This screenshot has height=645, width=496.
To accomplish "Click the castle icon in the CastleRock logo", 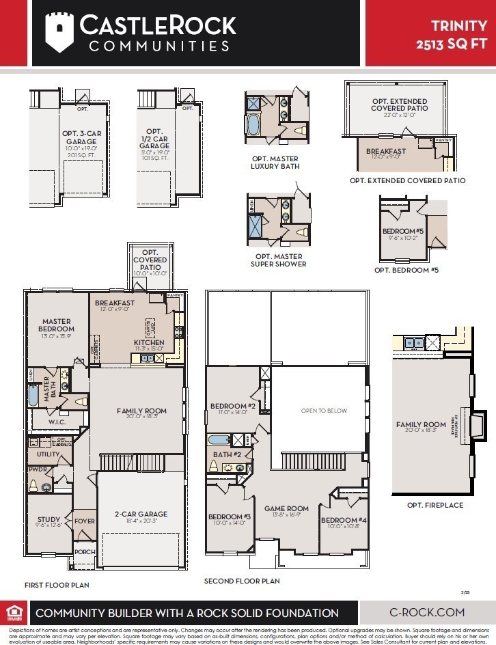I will (59, 31).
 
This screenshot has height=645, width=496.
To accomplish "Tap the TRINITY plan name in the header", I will (458, 26).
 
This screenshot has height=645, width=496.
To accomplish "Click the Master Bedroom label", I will (57, 325).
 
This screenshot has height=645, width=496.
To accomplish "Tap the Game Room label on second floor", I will (287, 508).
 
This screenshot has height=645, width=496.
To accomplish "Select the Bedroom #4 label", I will (344, 520).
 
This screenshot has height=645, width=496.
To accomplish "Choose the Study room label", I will (49, 520).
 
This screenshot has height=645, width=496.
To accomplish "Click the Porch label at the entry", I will (85, 552).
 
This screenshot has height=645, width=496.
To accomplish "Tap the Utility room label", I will (48, 454).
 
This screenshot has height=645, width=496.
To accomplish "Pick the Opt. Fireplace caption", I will (435, 505).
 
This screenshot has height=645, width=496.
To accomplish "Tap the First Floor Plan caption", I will (56, 585).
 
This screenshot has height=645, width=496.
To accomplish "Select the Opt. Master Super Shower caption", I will (278, 260).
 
